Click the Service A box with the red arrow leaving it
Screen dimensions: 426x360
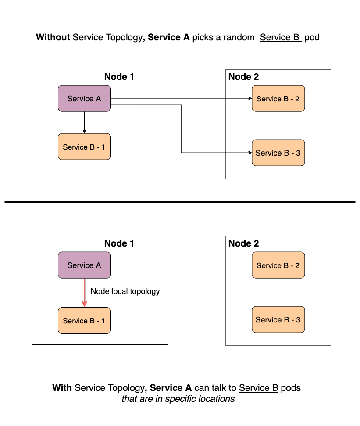84,265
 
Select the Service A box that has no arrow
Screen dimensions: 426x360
84,98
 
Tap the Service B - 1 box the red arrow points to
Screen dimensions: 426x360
84,320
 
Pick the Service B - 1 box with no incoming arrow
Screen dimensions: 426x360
84,147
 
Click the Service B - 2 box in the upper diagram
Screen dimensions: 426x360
278,98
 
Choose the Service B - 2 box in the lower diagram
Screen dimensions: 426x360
278,265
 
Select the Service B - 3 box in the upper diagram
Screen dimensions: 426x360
278,153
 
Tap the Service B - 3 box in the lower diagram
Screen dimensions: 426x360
278,319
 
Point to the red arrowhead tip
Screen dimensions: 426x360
84,306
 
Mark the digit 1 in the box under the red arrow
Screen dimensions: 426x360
103,321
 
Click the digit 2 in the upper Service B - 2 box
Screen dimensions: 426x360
297,99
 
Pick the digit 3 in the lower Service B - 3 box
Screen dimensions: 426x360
298,320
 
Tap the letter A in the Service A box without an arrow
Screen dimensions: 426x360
98,99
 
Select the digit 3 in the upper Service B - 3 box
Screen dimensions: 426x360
298,153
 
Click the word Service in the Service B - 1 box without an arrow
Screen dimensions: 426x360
75,147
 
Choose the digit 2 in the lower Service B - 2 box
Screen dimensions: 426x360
297,265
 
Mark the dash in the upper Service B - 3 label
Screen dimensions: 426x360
292,153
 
